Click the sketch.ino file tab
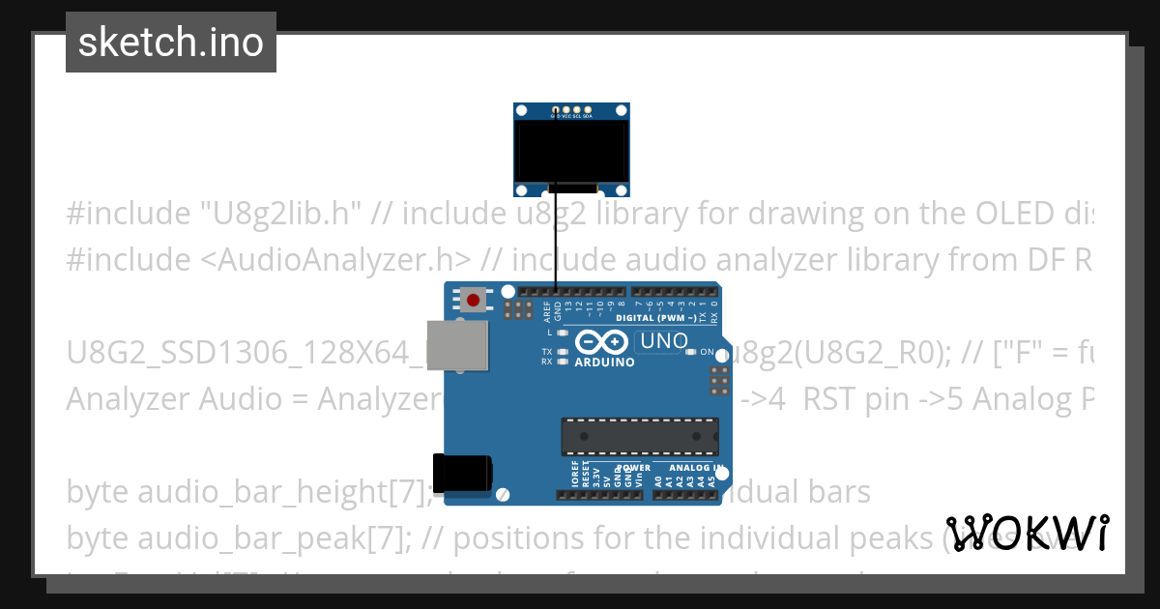pyautogui.click(x=170, y=43)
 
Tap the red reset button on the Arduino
pyautogui.click(x=473, y=300)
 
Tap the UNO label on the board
pyautogui.click(x=664, y=340)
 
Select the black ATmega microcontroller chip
pyautogui.click(x=640, y=436)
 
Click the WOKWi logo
pyautogui.click(x=1027, y=533)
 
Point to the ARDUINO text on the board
pyautogui.click(x=604, y=362)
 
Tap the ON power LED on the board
pyautogui.click(x=690, y=352)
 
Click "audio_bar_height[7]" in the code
pyautogui.click(x=284, y=492)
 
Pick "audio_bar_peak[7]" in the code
pyautogui.click(x=274, y=537)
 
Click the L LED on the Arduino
pyautogui.click(x=561, y=333)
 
